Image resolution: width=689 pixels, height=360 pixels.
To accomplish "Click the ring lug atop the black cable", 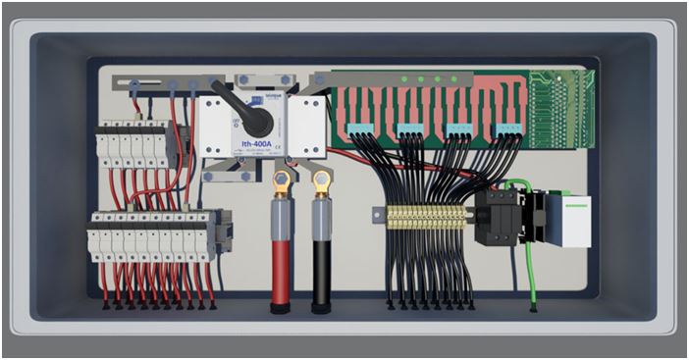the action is point(321,180).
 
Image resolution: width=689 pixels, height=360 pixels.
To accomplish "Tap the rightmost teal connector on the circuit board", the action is point(507,129).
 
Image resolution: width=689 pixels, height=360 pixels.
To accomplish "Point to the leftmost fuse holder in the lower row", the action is point(96,236).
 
